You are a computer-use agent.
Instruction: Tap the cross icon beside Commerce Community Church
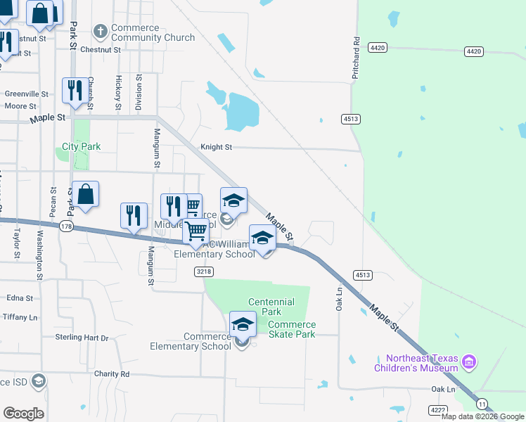tap(101, 32)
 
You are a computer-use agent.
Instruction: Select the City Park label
tap(81, 146)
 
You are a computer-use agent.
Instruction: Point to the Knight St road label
tap(216, 147)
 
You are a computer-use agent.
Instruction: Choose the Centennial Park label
tap(271, 307)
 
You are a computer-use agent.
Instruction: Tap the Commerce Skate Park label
tap(292, 329)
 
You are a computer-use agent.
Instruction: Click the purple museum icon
tap(469, 363)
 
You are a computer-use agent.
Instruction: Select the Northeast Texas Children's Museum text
tap(416, 363)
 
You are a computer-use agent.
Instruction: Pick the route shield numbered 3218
tap(204, 271)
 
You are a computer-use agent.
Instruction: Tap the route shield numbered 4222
tap(437, 409)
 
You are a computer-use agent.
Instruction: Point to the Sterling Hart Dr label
tap(82, 338)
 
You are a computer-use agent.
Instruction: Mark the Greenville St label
tap(26, 94)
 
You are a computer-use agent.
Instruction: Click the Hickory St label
tap(118, 93)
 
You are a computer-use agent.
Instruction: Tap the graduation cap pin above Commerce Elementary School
tap(243, 324)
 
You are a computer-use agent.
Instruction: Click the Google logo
tap(23, 413)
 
